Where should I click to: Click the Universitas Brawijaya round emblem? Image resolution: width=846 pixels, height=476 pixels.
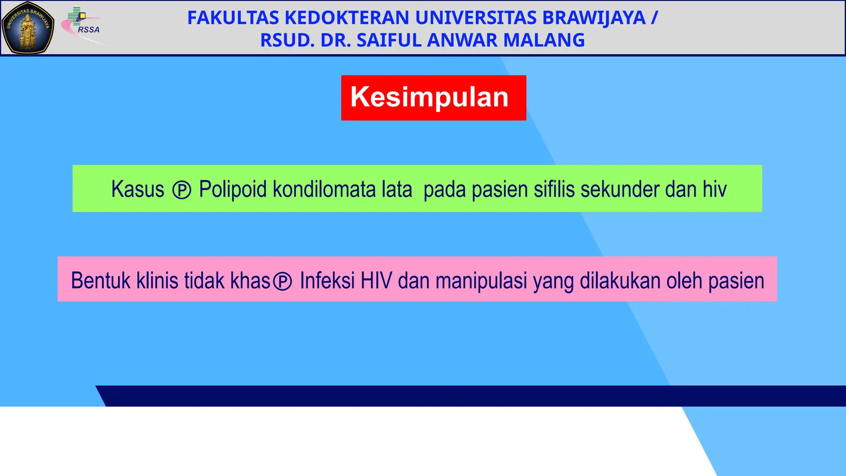pyautogui.click(x=28, y=28)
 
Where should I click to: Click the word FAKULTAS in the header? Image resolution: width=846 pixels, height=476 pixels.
pyautogui.click(x=233, y=18)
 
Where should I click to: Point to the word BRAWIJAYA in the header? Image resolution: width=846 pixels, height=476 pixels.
pyautogui.click(x=594, y=18)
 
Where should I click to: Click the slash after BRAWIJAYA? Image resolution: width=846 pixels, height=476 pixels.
pyautogui.click(x=654, y=18)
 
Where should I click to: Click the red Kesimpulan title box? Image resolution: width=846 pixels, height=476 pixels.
pyautogui.click(x=433, y=98)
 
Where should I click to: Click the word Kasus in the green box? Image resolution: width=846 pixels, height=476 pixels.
pyautogui.click(x=138, y=190)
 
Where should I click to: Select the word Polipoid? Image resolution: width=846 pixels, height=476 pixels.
pyautogui.click(x=233, y=190)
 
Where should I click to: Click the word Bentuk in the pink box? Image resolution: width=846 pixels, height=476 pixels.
pyautogui.click(x=101, y=281)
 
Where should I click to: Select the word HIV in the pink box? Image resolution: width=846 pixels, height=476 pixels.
pyautogui.click(x=376, y=281)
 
